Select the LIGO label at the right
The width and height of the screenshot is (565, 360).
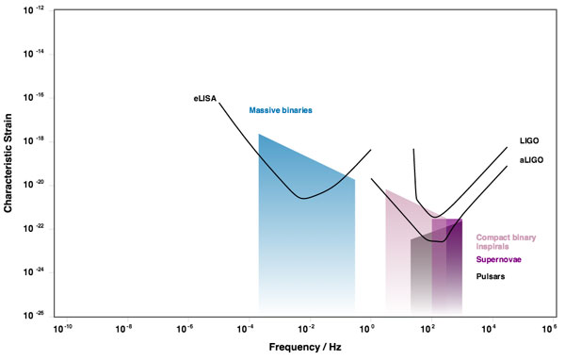click(x=528, y=140)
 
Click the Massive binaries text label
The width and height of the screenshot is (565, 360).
click(x=281, y=110)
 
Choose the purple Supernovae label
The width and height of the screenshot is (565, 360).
click(x=500, y=258)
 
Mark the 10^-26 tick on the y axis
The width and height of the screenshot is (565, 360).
click(x=38, y=315)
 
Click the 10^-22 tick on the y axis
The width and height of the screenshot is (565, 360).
click(x=38, y=228)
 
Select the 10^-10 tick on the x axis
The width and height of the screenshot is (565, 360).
click(x=63, y=328)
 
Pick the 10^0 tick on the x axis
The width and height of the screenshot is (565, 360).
click(x=367, y=328)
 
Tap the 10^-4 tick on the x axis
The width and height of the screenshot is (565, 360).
click(x=245, y=328)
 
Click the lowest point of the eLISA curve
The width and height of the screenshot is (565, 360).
click(x=301, y=198)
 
